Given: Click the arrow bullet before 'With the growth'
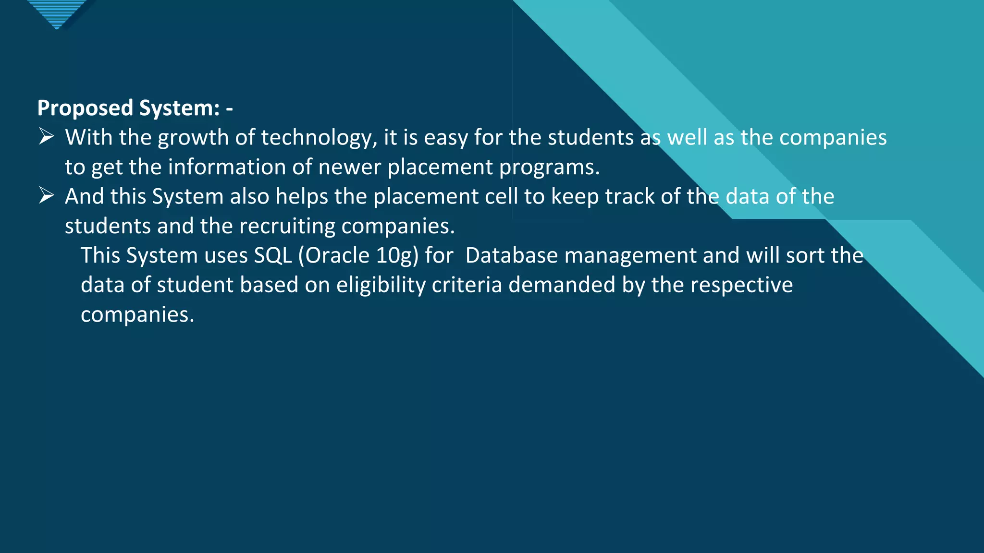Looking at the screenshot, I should pos(47,137).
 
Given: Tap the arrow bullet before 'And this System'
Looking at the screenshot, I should pos(47,196).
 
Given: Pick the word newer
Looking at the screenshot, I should pos(349,167).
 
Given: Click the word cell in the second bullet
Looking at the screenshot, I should pos(501,196).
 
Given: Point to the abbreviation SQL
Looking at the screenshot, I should pos(272,255).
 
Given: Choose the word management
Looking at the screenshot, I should pos(630,256).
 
